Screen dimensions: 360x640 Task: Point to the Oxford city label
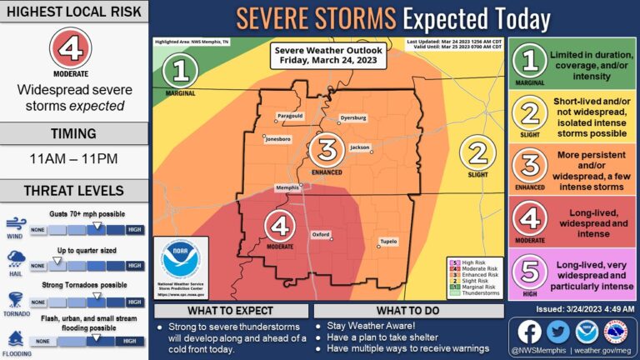321,235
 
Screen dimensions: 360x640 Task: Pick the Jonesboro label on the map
278,139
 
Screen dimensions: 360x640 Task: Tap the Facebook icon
528,331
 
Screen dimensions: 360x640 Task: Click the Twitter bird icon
558,331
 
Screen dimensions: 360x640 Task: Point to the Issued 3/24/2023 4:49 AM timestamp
573,307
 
